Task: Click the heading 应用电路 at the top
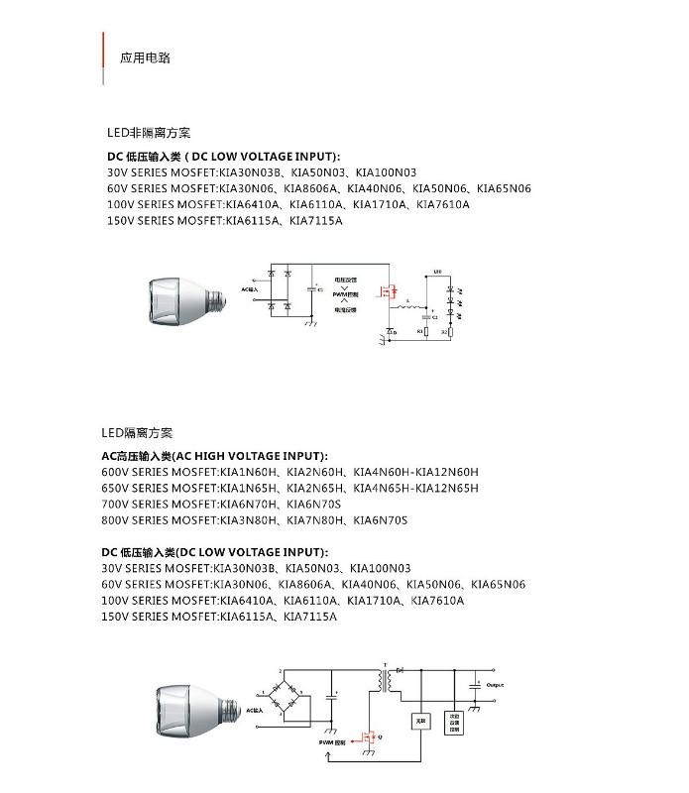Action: coord(145,58)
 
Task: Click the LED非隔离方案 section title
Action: coord(149,133)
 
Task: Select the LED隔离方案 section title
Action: coord(137,433)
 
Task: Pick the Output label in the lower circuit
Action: coord(495,685)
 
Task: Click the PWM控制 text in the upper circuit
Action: coord(345,294)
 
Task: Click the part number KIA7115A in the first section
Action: coord(315,221)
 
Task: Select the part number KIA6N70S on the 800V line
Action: coord(380,520)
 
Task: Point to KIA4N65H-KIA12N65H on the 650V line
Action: coord(415,488)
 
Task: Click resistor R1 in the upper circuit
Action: coord(426,329)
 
